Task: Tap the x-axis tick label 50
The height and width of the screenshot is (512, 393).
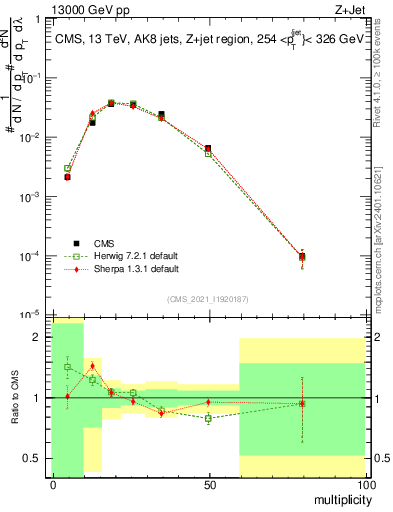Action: coord(208,484)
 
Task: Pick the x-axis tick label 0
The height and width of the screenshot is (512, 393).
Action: coord(52,484)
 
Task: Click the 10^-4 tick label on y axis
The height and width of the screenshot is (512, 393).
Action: coord(29,256)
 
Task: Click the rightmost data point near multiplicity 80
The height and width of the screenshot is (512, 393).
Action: coord(302,257)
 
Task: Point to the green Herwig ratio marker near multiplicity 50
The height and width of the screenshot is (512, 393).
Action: coord(208,418)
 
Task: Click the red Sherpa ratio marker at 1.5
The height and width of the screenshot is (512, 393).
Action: coord(92,366)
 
